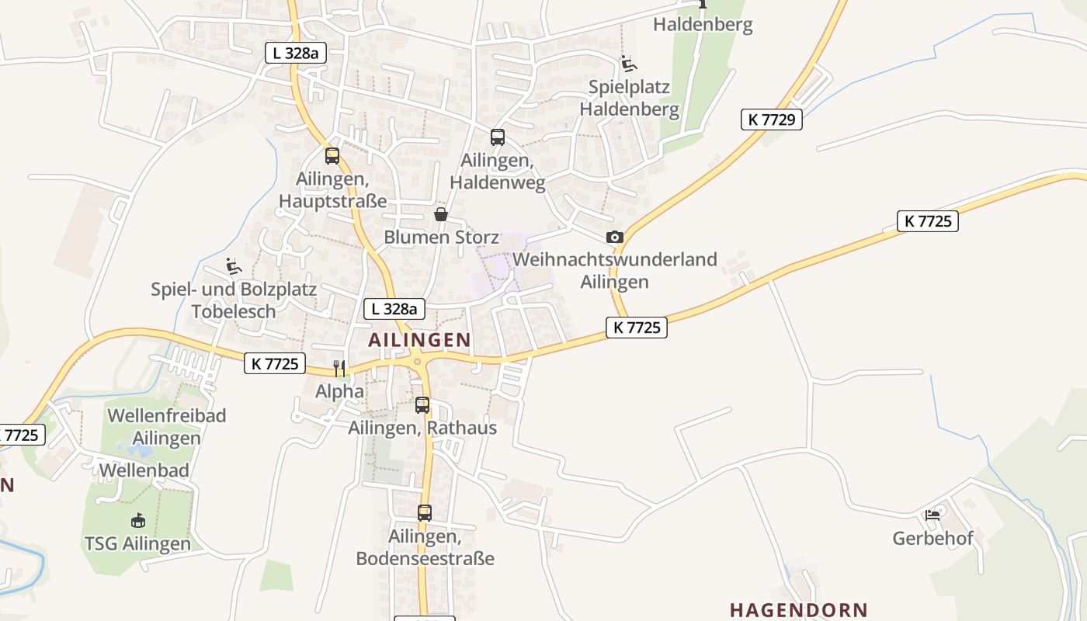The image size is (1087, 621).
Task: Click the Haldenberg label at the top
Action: coord(703,25)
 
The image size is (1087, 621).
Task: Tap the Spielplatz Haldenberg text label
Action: coord(629,98)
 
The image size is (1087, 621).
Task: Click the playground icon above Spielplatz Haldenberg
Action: coord(628,64)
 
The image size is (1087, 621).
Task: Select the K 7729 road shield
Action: coord(771,120)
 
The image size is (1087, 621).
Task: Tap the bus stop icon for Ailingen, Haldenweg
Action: coord(498,137)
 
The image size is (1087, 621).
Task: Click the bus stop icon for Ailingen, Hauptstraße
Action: coord(332,156)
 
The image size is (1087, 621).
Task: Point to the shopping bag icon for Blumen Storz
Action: coord(441,214)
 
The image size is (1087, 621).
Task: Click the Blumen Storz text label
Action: coord(441,237)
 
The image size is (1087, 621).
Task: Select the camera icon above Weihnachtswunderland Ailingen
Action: coord(615,237)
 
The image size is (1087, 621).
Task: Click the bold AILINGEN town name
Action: coord(419,339)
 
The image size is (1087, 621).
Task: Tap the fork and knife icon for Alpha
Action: coord(339,368)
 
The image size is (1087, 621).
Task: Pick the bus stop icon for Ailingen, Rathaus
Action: coord(422,405)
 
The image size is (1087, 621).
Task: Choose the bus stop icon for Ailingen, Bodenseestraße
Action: coord(425,513)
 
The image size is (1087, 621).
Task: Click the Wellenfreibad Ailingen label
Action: coord(167,426)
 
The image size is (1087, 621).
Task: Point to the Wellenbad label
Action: coord(144,470)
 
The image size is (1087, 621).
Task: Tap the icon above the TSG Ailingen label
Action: coord(137,520)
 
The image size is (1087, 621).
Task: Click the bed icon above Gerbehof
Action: coord(932,515)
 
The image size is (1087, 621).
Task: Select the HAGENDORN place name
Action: coord(799,610)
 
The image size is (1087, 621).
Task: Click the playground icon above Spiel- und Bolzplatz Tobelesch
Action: coord(232,266)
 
